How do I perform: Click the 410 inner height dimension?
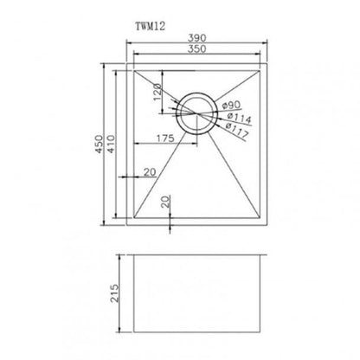(x=112, y=148)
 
